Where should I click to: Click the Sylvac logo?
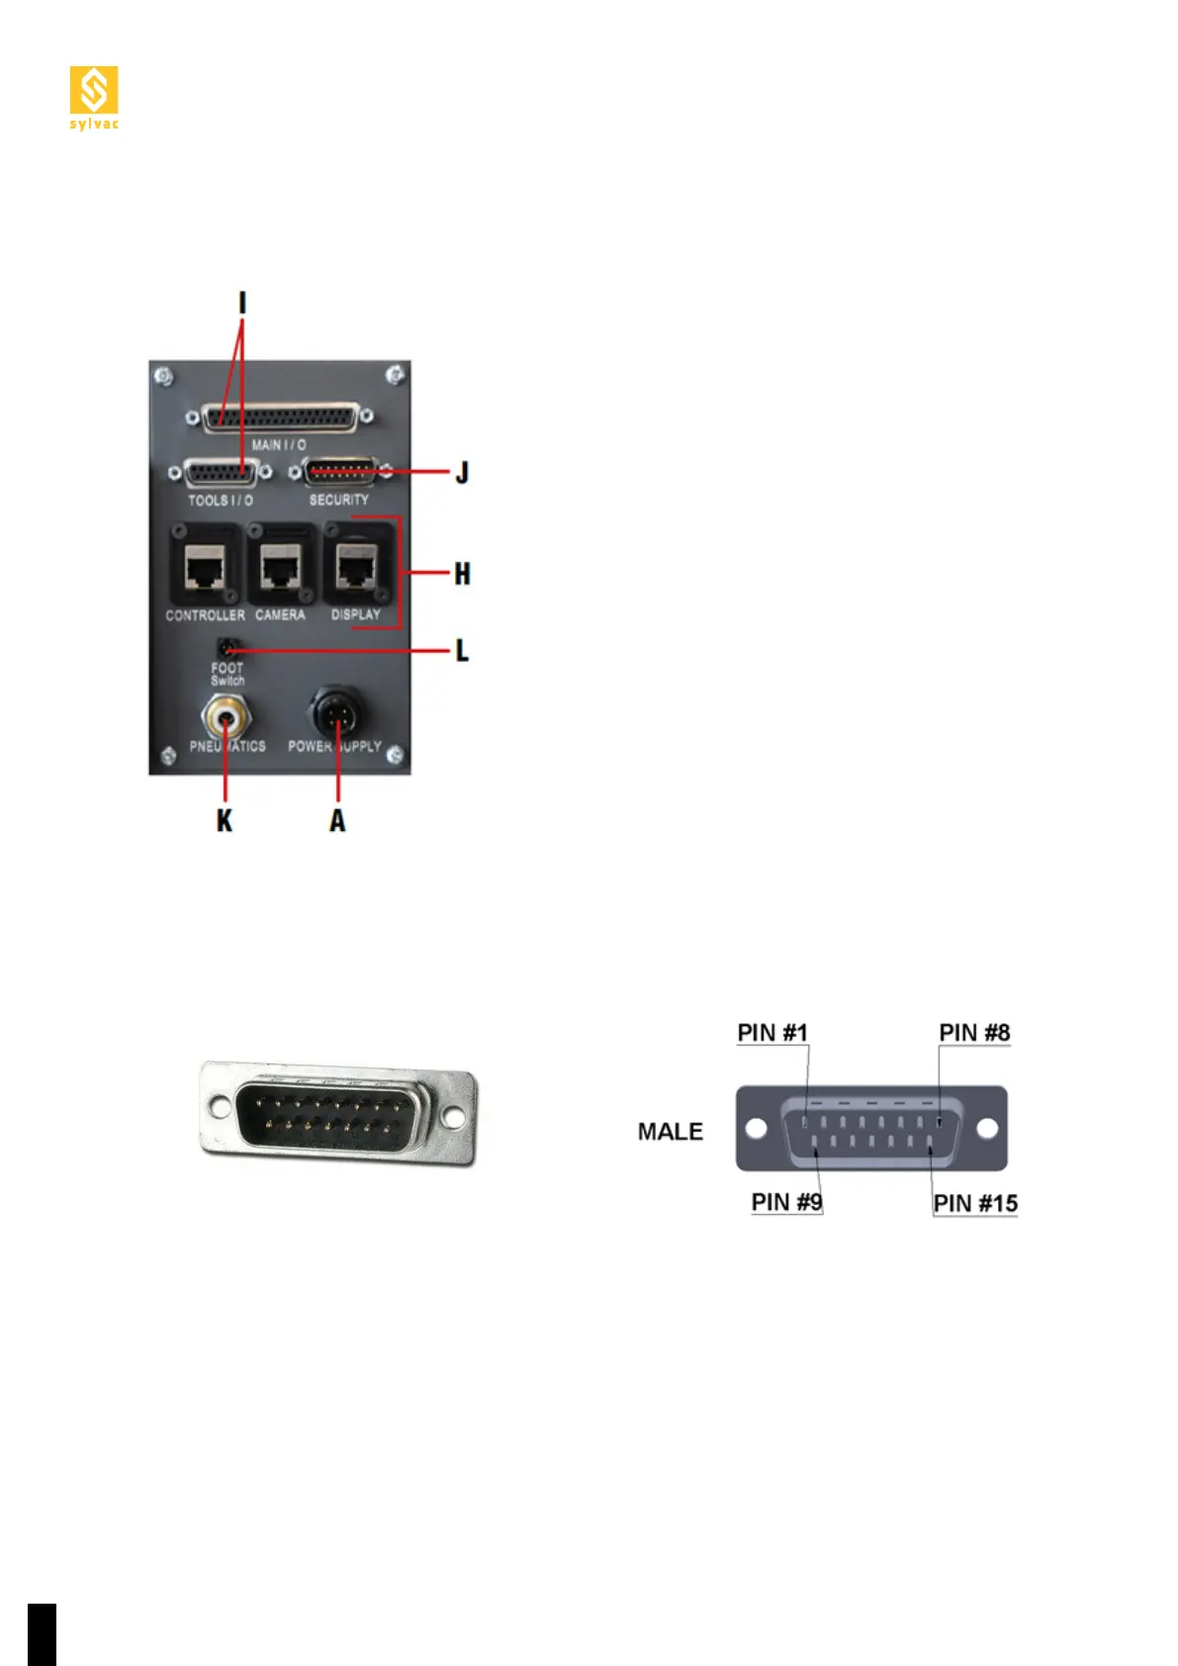(94, 97)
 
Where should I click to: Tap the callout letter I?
(242, 302)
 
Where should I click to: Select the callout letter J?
(461, 473)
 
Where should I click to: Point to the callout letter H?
(462, 574)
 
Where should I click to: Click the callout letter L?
(462, 651)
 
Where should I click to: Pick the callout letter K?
(226, 820)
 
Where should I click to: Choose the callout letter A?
(338, 820)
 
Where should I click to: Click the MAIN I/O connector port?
(280, 418)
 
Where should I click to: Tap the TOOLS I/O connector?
(221, 474)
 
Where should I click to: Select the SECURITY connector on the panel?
(340, 472)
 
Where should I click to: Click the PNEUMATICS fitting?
(226, 712)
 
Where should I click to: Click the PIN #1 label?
(772, 1033)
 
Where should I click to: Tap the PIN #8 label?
(974, 1033)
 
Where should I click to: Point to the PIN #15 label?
(975, 1203)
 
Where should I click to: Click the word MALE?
(671, 1132)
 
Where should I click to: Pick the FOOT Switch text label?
(227, 674)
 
